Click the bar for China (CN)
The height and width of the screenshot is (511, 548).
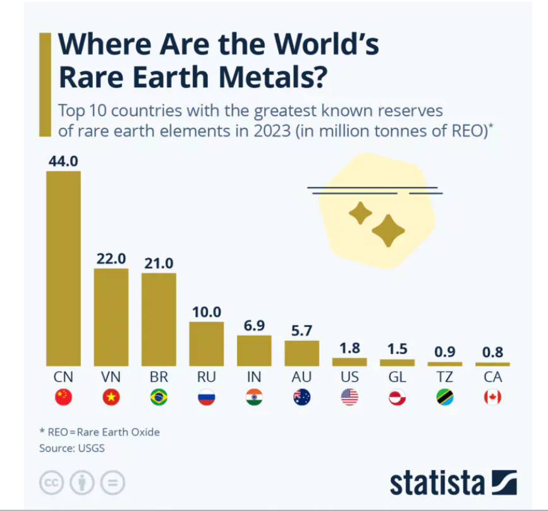point(63,268)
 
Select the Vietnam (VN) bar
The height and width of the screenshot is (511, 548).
point(111,317)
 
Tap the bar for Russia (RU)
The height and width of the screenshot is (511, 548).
point(207,343)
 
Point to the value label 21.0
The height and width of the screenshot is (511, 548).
point(159,263)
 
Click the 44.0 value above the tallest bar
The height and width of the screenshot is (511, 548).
point(63,161)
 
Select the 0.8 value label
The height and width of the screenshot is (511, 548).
point(492,352)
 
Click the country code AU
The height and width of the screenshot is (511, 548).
point(301,378)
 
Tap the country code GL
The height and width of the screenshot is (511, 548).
point(397,378)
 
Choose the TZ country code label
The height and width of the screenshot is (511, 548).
point(445,378)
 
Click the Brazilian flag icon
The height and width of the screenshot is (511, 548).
point(159,397)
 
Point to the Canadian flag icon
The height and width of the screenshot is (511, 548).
point(492,397)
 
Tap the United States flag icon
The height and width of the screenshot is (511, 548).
point(350,397)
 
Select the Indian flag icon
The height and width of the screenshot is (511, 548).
point(254,397)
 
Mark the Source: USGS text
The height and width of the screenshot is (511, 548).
point(71,448)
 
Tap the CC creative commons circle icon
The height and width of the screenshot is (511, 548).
point(52,483)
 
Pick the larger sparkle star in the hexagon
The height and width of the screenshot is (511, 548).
point(387,230)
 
